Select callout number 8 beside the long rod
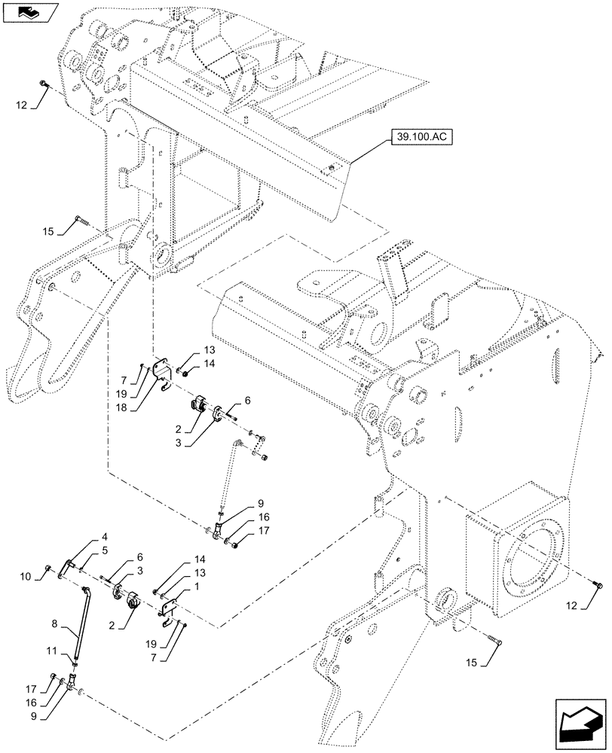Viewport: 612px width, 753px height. pyautogui.click(x=54, y=623)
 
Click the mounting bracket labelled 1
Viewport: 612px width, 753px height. pyautogui.click(x=170, y=608)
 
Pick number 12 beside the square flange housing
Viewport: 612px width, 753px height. pyautogui.click(x=589, y=607)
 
